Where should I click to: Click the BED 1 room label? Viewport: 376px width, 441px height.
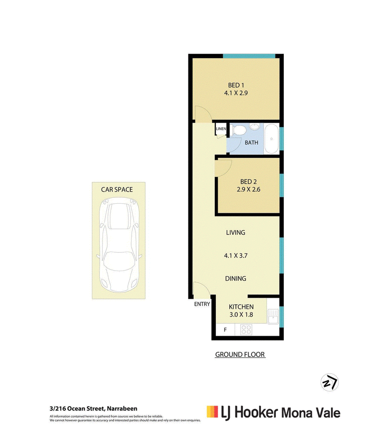236,85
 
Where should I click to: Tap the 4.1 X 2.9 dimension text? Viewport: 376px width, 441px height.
236,93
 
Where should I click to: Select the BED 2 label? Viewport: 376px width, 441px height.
248,182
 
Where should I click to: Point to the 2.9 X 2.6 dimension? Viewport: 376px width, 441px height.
248,190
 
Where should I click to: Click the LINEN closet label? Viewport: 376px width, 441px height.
221,129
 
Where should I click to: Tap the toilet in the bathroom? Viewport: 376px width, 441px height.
239,131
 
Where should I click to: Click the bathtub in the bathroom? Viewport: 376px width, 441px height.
272,139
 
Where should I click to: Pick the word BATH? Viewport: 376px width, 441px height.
251,143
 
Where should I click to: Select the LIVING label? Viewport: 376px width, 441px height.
235,232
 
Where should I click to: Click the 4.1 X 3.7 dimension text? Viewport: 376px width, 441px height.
235,255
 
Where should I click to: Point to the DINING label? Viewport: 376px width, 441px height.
235,279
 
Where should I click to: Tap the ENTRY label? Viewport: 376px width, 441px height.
202,304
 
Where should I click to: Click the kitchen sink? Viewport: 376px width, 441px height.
273,317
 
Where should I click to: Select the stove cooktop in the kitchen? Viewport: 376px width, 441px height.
246,330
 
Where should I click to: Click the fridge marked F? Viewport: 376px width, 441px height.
225,330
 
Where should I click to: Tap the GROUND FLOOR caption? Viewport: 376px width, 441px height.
240,355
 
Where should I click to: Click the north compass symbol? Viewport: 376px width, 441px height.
329,382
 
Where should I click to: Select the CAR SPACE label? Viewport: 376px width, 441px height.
117,190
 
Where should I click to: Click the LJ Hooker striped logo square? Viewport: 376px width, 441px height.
212,411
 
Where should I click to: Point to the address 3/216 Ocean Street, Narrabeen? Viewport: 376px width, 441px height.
94,409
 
